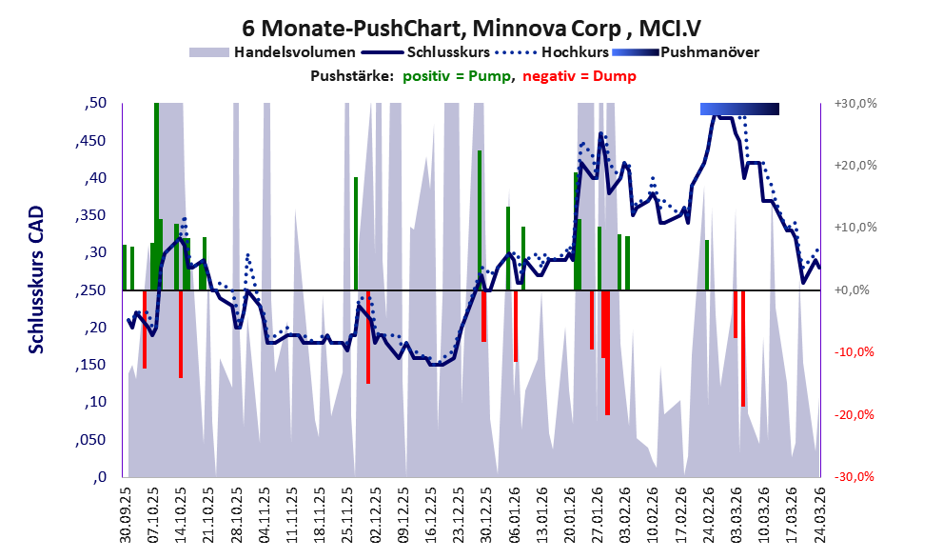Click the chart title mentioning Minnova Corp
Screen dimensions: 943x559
click(472, 28)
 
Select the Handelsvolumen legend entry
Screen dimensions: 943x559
click(272, 52)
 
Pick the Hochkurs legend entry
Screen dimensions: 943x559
click(552, 52)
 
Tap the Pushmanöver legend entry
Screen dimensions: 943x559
click(685, 52)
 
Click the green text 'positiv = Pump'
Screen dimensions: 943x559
click(458, 76)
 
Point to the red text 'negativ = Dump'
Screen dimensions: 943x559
click(580, 76)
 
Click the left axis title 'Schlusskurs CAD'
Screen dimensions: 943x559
click(37, 280)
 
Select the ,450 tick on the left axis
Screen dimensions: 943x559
click(90, 141)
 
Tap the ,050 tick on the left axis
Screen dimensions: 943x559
click(90, 440)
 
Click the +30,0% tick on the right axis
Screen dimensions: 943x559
click(855, 104)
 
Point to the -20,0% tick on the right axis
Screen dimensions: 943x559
click(854, 414)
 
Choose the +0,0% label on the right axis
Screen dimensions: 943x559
click(852, 290)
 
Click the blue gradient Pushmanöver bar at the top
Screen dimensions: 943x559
click(739, 109)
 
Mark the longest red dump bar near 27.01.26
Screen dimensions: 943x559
click(607, 352)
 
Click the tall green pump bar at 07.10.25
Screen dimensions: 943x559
click(156, 196)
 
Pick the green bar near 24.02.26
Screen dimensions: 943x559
click(707, 265)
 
